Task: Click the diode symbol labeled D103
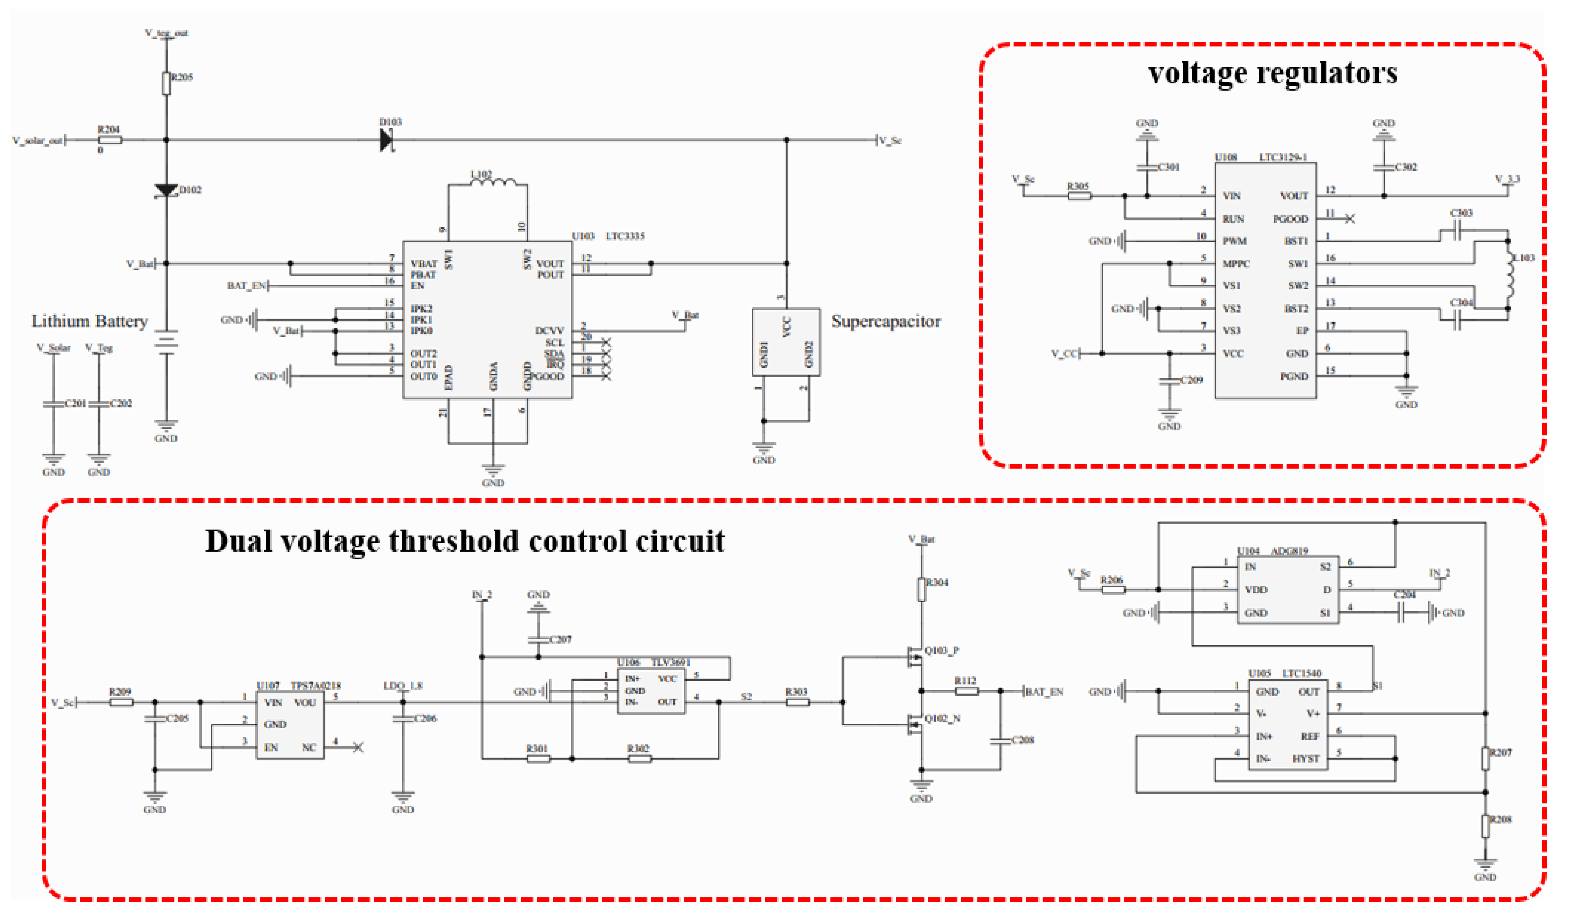pyautogui.click(x=386, y=140)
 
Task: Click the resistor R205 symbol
pyautogui.click(x=166, y=83)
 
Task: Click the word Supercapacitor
pyautogui.click(x=885, y=321)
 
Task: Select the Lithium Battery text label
pyautogui.click(x=89, y=321)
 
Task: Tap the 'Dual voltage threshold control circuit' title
pyautogui.click(x=465, y=541)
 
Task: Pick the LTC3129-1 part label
pyautogui.click(x=1283, y=157)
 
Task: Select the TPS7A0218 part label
pyautogui.click(x=315, y=686)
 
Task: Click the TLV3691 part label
pyautogui.click(x=670, y=663)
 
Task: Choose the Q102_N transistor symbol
pyautogui.click(x=914, y=725)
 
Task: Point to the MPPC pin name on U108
pyautogui.click(x=1236, y=264)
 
